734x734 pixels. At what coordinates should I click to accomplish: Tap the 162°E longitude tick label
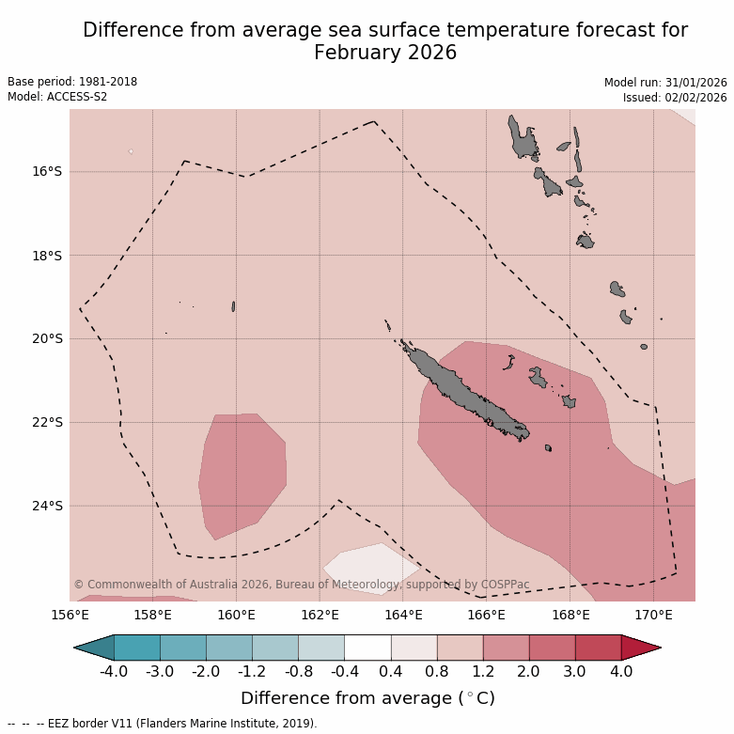[320, 616]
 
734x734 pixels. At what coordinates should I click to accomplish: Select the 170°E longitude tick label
[653, 616]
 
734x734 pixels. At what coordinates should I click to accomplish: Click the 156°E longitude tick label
[70, 616]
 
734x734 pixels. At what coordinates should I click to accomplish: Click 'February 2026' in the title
[385, 53]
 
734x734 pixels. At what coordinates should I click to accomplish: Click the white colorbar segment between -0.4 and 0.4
[367, 648]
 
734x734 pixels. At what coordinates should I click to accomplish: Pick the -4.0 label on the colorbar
[114, 672]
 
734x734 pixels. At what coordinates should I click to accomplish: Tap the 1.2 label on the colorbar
[482, 672]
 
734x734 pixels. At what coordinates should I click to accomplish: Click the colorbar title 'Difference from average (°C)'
[367, 698]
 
